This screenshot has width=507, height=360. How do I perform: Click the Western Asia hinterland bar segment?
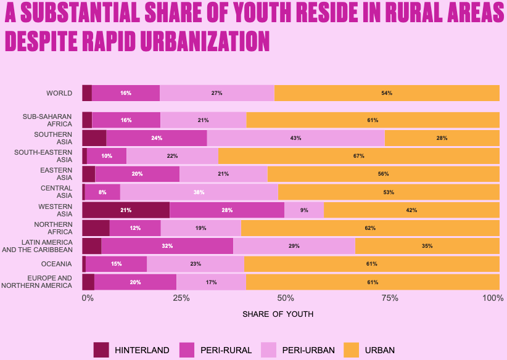pos(126,210)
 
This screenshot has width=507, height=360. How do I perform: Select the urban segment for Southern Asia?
pos(442,138)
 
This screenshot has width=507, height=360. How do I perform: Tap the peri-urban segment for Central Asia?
pos(199,192)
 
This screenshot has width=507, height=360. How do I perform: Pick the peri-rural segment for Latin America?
pos(167,246)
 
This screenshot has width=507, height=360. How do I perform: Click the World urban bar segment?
pos(387,93)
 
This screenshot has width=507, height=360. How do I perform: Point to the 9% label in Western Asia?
pos(304,210)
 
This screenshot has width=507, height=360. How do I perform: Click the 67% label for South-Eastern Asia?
pos(359,156)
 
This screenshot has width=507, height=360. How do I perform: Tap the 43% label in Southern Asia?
pos(295,138)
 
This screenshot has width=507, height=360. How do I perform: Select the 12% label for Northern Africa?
pos(135,228)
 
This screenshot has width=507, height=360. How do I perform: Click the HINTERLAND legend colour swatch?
pos(101,350)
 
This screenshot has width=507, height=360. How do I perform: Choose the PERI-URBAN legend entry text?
pos(308,350)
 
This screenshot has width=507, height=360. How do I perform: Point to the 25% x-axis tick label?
pos(181,298)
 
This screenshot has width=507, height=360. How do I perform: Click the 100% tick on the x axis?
pos(493,298)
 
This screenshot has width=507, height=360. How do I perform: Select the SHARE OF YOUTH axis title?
pos(278,314)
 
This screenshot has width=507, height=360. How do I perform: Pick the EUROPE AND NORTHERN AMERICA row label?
pos(37,282)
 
